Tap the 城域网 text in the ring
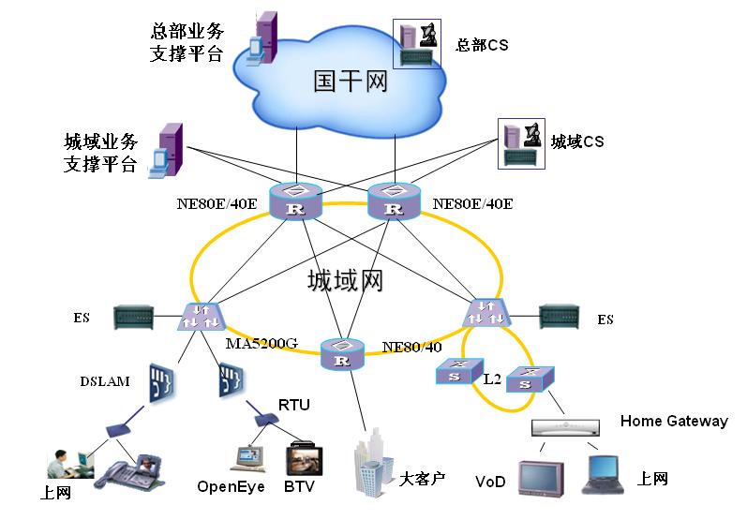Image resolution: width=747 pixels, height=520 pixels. click(346, 280)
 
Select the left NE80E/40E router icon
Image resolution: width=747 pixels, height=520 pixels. click(295, 202)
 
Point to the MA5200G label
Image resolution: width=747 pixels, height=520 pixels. click(261, 343)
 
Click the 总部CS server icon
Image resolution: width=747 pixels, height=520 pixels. click(417, 43)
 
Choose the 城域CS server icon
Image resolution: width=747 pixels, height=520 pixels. click(521, 143)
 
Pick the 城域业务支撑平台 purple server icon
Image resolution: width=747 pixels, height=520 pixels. click(168, 149)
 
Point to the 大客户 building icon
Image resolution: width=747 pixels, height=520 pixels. click(372, 461)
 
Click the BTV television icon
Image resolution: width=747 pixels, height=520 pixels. click(305, 460)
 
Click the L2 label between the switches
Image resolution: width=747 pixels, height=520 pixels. click(493, 379)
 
